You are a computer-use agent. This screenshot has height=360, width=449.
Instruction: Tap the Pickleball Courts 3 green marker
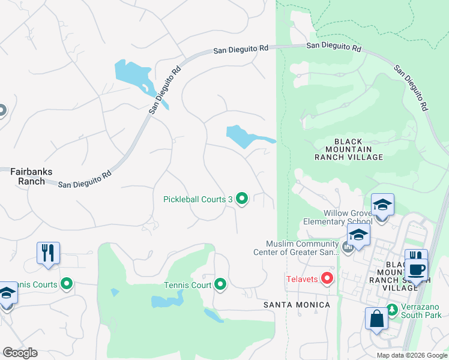(x=242, y=198)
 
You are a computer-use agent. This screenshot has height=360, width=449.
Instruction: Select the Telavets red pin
(x=327, y=278)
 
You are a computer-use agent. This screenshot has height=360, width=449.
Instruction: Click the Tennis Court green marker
(x=221, y=284)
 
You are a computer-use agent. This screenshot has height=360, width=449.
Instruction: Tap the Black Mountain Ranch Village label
(x=349, y=149)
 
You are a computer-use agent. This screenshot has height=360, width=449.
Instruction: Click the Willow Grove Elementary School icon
(x=382, y=205)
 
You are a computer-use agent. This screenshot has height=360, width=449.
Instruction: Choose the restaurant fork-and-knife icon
(x=48, y=252)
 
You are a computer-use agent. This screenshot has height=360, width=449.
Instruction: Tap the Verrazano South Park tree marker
(x=392, y=310)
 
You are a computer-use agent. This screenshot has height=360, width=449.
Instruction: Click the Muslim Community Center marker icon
(x=347, y=247)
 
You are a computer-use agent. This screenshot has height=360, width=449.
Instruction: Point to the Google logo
(x=20, y=353)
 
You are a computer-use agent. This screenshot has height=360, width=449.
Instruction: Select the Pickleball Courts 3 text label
(x=197, y=199)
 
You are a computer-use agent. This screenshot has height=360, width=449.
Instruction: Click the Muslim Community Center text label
(x=303, y=248)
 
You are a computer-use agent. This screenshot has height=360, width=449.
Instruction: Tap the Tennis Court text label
(x=188, y=285)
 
